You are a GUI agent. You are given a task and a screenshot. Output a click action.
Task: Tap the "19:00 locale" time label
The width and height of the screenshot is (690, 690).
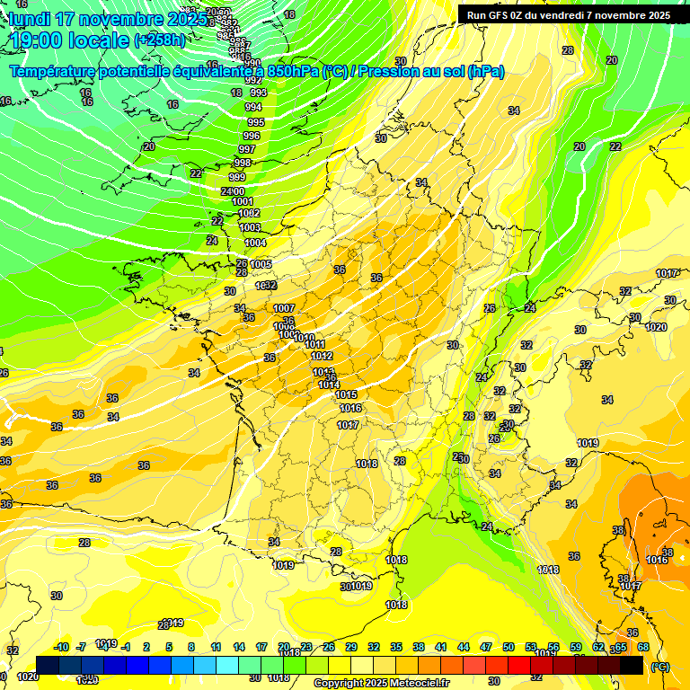(69, 40)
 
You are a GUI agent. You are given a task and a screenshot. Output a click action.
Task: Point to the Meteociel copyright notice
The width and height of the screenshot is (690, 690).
(381, 683)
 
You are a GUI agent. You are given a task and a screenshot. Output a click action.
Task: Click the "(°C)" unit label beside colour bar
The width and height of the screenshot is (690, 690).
(659, 666)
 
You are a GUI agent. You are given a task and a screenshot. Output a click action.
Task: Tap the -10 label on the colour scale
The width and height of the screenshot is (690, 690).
(61, 648)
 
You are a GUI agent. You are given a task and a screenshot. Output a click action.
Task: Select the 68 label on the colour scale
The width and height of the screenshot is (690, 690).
(643, 648)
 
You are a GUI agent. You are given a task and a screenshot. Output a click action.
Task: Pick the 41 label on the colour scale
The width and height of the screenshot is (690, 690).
(441, 648)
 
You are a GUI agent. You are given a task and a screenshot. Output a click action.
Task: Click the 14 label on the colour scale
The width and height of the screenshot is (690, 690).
(239, 648)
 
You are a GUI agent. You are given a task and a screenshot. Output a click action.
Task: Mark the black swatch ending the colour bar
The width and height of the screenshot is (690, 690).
(632, 665)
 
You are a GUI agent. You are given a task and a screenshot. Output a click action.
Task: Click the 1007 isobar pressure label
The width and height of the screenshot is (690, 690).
(284, 308)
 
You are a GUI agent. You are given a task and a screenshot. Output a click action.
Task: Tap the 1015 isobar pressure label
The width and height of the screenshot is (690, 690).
(346, 394)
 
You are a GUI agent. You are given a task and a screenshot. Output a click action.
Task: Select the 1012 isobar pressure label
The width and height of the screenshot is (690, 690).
(322, 356)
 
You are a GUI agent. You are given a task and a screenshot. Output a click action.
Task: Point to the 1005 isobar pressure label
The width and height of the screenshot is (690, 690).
(261, 264)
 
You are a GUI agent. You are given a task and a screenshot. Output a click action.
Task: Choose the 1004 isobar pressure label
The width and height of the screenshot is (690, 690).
(255, 243)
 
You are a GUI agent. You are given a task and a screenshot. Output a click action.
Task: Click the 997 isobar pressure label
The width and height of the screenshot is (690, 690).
(246, 149)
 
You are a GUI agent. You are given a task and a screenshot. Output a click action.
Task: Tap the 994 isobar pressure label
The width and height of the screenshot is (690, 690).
(253, 107)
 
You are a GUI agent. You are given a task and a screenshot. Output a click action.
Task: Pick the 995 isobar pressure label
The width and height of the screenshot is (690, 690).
(255, 121)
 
